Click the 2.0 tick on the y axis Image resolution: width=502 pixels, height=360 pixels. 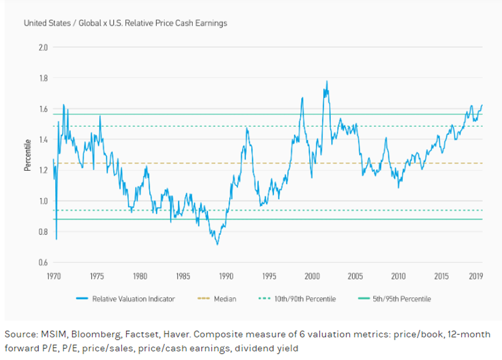coord(43,47)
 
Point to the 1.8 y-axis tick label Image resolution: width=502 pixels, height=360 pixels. coord(43,78)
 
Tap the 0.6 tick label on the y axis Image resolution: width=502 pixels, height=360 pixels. coord(43,262)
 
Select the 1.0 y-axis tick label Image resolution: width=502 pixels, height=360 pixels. coord(43,201)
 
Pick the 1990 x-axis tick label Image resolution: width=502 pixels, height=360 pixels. coord(226,276)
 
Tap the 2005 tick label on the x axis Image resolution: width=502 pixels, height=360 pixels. coord(355,276)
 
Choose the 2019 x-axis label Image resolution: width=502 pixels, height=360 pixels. coord(476,276)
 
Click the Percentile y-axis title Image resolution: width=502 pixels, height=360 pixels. coord(27,155)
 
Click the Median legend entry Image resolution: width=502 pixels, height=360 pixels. coord(225,299)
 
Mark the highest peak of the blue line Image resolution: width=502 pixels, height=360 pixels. coord(327,81)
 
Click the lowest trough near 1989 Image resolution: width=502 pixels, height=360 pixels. coord(218,244)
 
